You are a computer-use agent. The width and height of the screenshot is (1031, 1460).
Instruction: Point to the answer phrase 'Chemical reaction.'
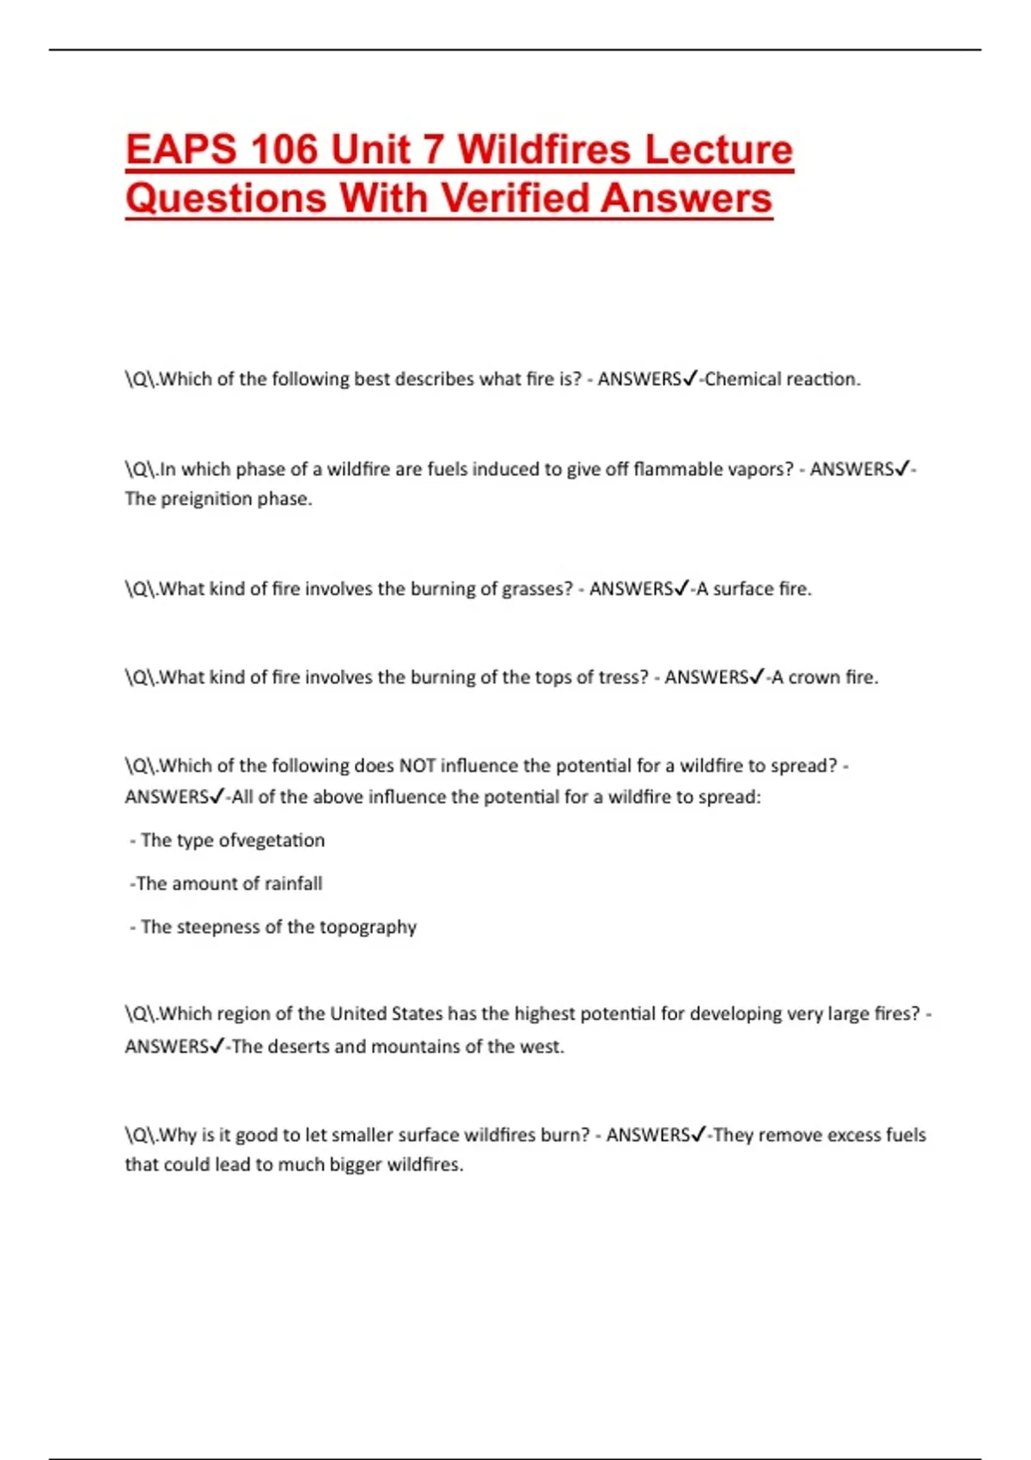[782, 380]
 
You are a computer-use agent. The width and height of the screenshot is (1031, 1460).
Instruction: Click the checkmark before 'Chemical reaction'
[690, 379]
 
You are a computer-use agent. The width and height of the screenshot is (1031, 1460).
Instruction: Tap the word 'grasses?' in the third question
[537, 589]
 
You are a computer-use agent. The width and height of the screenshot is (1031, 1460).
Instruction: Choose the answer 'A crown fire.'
[825, 678]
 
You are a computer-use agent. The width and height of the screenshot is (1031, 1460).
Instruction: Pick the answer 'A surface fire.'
[753, 589]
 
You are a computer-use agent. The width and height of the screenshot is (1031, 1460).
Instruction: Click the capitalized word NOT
[418, 766]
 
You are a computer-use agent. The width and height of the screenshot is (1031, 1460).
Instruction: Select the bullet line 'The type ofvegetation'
[232, 841]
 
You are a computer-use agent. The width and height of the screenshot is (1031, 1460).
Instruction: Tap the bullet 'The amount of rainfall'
[229, 884]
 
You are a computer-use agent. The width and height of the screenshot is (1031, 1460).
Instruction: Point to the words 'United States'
[387, 1014]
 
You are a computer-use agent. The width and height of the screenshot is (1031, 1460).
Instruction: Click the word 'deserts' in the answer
[299, 1047]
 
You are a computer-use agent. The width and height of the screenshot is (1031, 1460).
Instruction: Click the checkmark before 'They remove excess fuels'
[699, 1135]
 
